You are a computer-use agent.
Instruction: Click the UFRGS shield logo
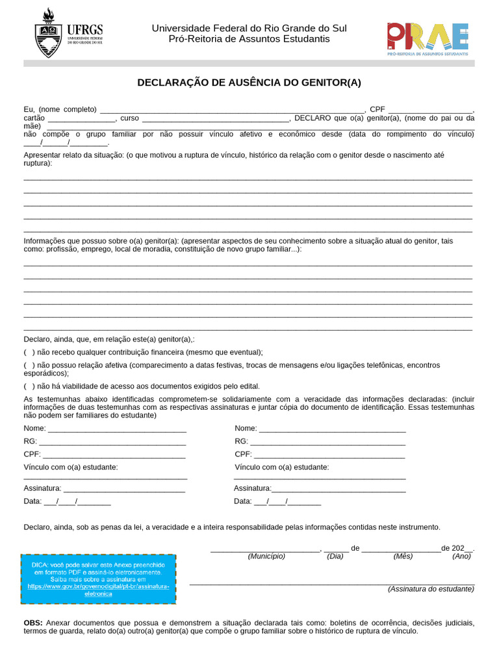click(48, 34)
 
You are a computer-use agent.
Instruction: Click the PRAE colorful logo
click(427, 37)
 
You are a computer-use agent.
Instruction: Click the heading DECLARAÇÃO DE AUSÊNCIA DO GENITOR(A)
click(249, 82)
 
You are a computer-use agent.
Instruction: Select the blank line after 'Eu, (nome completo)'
click(232, 110)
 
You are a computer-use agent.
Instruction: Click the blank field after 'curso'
click(215, 119)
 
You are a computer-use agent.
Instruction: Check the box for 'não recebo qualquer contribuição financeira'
click(29, 352)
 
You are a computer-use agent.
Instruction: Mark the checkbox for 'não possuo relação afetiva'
click(29, 365)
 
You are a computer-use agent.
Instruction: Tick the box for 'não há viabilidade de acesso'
click(29, 386)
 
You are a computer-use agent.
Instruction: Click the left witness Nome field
click(117, 429)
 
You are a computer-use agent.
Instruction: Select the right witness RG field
click(329, 442)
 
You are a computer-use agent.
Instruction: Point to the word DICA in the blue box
click(40, 565)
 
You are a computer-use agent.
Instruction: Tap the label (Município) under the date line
click(266, 557)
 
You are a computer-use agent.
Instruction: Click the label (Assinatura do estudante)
click(431, 589)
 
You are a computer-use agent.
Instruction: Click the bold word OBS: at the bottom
click(33, 622)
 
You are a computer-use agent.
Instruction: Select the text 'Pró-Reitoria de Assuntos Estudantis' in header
click(249, 40)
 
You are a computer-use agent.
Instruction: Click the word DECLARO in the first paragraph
click(313, 118)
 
